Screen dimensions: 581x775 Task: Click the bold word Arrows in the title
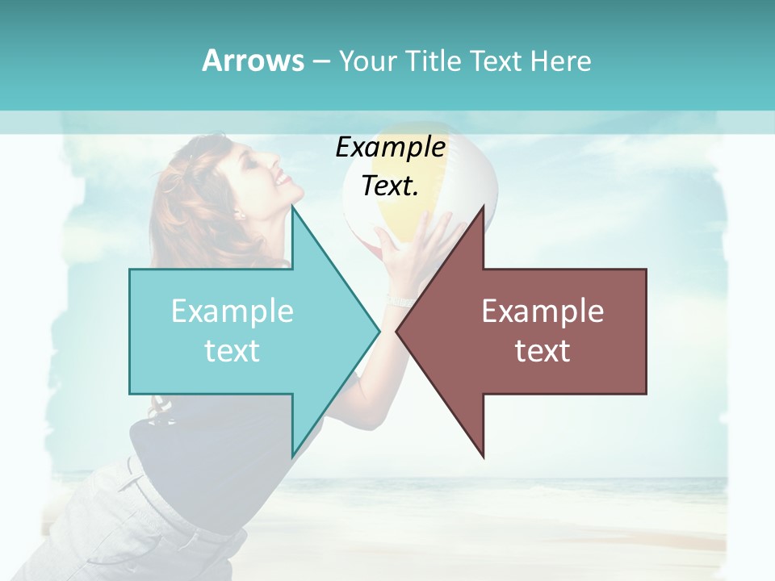pos(253,61)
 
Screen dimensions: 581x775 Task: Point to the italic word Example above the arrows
pos(391,147)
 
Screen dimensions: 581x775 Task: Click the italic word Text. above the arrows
pos(391,186)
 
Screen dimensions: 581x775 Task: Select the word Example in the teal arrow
pos(232,311)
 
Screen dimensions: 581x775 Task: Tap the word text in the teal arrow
pos(232,351)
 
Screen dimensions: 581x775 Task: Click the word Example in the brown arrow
pos(542,311)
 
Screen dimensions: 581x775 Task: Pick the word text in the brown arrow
pos(542,351)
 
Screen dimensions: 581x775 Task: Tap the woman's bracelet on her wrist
pos(400,301)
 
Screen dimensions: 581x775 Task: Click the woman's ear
pos(239,214)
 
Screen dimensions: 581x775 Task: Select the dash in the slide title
pos(320,61)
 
